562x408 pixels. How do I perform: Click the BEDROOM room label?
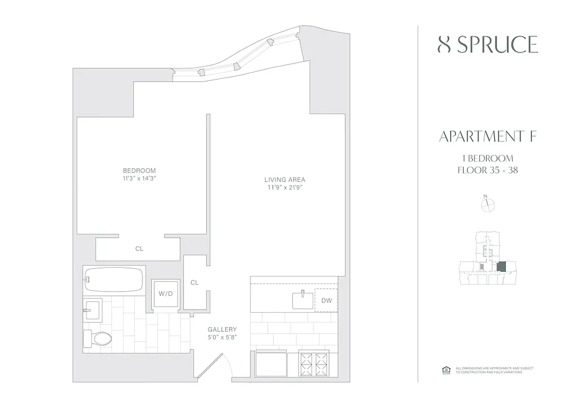[x=139, y=170]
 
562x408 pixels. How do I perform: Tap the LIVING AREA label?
[x=285, y=180]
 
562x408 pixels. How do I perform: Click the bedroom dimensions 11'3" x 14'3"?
[x=139, y=178]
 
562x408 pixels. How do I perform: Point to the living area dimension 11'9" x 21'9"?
[x=285, y=188]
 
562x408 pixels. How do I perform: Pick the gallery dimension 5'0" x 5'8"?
[x=222, y=338]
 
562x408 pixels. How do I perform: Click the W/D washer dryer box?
[x=165, y=294]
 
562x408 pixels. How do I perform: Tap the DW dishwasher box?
[x=326, y=300]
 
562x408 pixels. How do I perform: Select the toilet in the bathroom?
[x=98, y=338]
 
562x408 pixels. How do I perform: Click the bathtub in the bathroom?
[x=113, y=279]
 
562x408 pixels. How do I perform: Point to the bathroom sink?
[x=93, y=309]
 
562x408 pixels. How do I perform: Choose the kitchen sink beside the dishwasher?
[x=303, y=300]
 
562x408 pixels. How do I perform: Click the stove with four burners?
[x=313, y=364]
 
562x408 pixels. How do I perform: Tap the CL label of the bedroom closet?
[x=139, y=249]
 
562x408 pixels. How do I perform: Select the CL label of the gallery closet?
[x=194, y=283]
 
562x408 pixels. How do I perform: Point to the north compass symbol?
[x=488, y=205]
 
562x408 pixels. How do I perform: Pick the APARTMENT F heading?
[x=487, y=137]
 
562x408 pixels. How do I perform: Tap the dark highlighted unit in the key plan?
[x=501, y=266]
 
